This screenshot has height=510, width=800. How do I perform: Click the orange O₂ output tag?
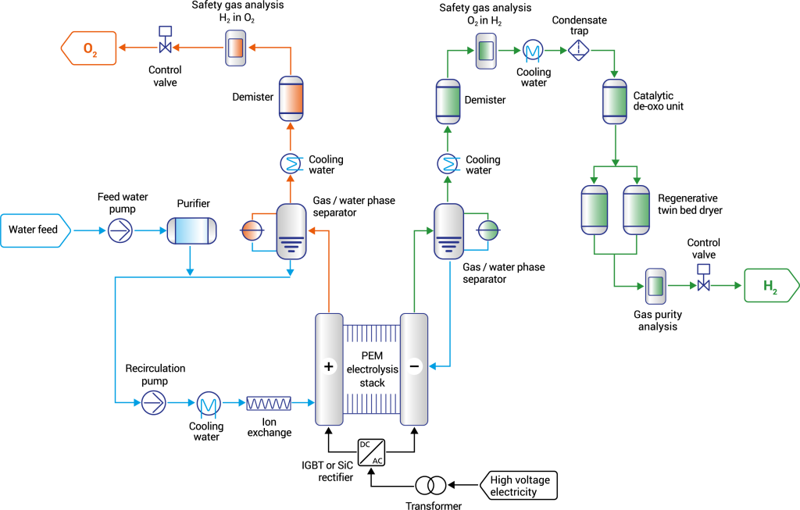pos(89,48)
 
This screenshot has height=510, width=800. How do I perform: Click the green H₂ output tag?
pos(770,286)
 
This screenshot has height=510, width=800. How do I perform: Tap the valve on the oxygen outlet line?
pos(165,47)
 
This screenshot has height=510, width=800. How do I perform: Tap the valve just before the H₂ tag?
pos(703,285)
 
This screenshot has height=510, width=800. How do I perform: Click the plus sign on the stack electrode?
pos(328,366)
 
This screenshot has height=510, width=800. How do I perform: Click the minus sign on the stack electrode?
pos(414,366)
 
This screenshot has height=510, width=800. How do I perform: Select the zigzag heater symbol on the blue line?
pos(269,403)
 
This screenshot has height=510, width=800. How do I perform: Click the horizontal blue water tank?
pos(191,230)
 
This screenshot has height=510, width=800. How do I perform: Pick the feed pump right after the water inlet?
pos(120,230)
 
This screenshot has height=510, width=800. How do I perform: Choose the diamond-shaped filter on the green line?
pos(579,50)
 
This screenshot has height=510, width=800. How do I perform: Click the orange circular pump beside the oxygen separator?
pos(252,230)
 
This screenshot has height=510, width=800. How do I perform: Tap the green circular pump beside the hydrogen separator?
pos(488,230)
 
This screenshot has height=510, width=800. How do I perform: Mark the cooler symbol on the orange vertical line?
pos(291,163)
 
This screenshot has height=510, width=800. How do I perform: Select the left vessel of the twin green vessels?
pos(595,210)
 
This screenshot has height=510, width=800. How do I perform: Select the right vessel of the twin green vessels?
pos(636,210)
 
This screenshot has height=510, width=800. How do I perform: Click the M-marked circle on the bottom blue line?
pos(209,404)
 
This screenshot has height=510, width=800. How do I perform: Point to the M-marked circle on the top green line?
pos(533,50)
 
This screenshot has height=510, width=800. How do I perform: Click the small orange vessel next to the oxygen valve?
pos(235,48)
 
